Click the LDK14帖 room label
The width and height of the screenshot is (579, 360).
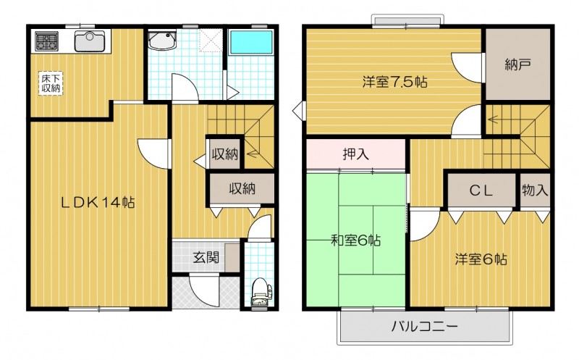coord(97,202)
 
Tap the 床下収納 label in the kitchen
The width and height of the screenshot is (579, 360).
coord(50,83)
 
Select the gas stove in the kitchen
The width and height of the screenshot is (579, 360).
coord(44,41)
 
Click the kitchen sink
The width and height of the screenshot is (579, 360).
coord(90,41)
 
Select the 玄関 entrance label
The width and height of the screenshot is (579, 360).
coord(206,256)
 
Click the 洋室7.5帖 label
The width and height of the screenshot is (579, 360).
coord(394,82)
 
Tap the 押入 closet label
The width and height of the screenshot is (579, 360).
coord(355,154)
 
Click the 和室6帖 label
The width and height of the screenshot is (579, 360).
coord(357,239)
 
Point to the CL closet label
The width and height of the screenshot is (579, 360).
coord(481,191)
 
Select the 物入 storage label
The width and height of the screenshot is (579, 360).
coord(535,191)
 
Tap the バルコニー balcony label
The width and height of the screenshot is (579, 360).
coord(425,326)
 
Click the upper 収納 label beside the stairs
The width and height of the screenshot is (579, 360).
coord(225,154)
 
